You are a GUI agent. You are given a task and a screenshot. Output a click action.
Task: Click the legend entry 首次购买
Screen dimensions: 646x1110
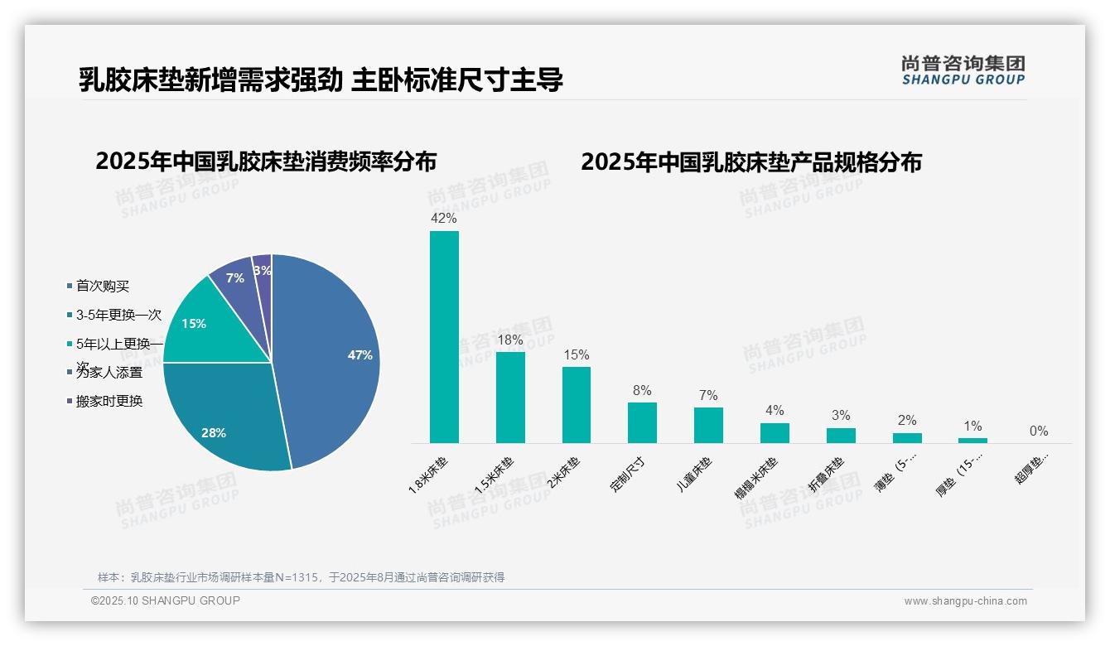102,286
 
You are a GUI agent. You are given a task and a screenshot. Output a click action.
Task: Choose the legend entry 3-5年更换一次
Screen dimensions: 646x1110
118,315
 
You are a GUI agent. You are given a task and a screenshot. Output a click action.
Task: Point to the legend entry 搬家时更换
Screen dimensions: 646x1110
109,401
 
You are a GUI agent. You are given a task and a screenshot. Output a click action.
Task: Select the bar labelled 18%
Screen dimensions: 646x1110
510,398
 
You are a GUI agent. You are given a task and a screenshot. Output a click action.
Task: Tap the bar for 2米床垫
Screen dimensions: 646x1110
577,405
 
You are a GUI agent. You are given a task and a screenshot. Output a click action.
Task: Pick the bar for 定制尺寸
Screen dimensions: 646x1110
642,422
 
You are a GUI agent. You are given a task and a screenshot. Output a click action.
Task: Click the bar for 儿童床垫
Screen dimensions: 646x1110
708,425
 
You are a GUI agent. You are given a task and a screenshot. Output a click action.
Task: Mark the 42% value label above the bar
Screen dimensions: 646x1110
444,219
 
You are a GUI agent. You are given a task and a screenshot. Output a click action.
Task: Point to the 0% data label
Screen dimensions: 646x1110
1039,431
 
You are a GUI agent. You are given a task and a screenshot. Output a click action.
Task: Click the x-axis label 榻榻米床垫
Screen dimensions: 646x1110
756,477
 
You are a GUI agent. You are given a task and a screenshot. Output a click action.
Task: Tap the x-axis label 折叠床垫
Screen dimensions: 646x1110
826,474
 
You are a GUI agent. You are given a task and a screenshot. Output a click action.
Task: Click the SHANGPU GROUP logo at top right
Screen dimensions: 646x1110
963,70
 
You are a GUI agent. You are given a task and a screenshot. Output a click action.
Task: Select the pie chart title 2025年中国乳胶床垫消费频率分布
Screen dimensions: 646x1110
266,161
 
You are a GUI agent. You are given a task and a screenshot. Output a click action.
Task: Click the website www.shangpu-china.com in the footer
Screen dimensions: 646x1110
965,601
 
